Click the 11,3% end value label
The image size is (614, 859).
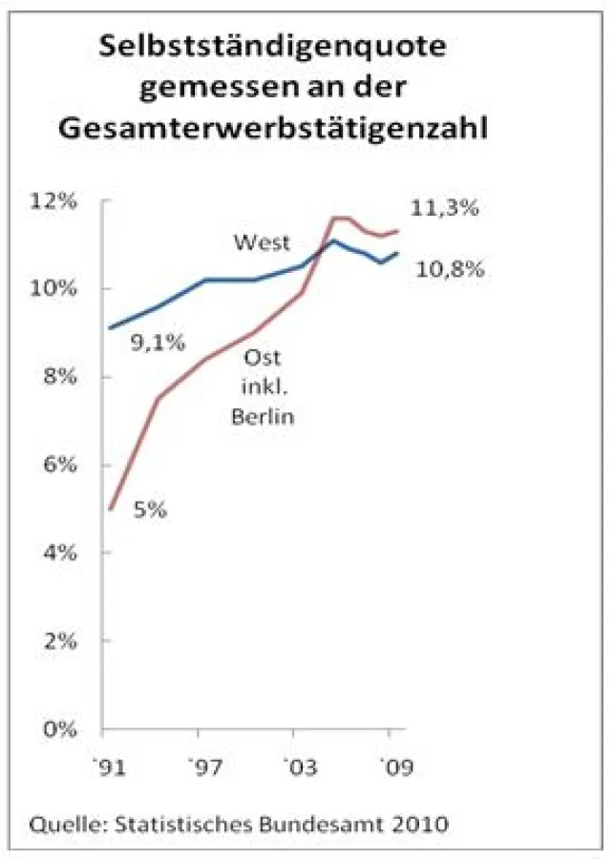[444, 209]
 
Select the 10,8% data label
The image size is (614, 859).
[451, 270]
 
